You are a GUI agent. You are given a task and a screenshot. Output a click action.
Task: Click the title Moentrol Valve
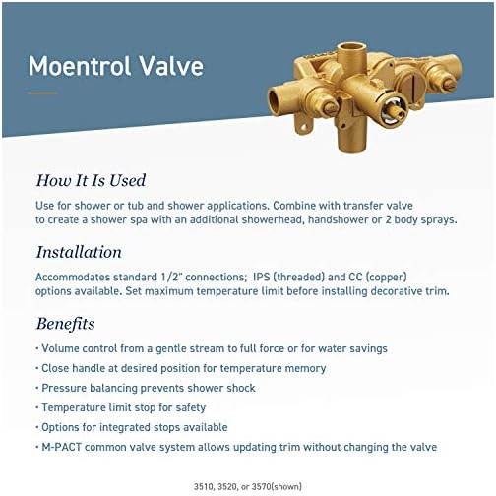coord(116,66)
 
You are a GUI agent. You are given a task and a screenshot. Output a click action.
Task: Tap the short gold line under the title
coord(42,93)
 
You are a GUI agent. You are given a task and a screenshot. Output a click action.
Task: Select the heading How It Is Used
coord(91,180)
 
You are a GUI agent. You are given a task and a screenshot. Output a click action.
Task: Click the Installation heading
coord(79,252)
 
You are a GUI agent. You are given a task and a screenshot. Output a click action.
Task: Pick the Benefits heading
coord(66,324)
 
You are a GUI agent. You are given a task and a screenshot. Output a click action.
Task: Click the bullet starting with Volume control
coord(213,348)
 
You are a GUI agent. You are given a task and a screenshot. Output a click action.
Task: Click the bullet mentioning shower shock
coord(149,388)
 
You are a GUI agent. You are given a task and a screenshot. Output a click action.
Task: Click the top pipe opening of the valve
coord(350,48)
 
